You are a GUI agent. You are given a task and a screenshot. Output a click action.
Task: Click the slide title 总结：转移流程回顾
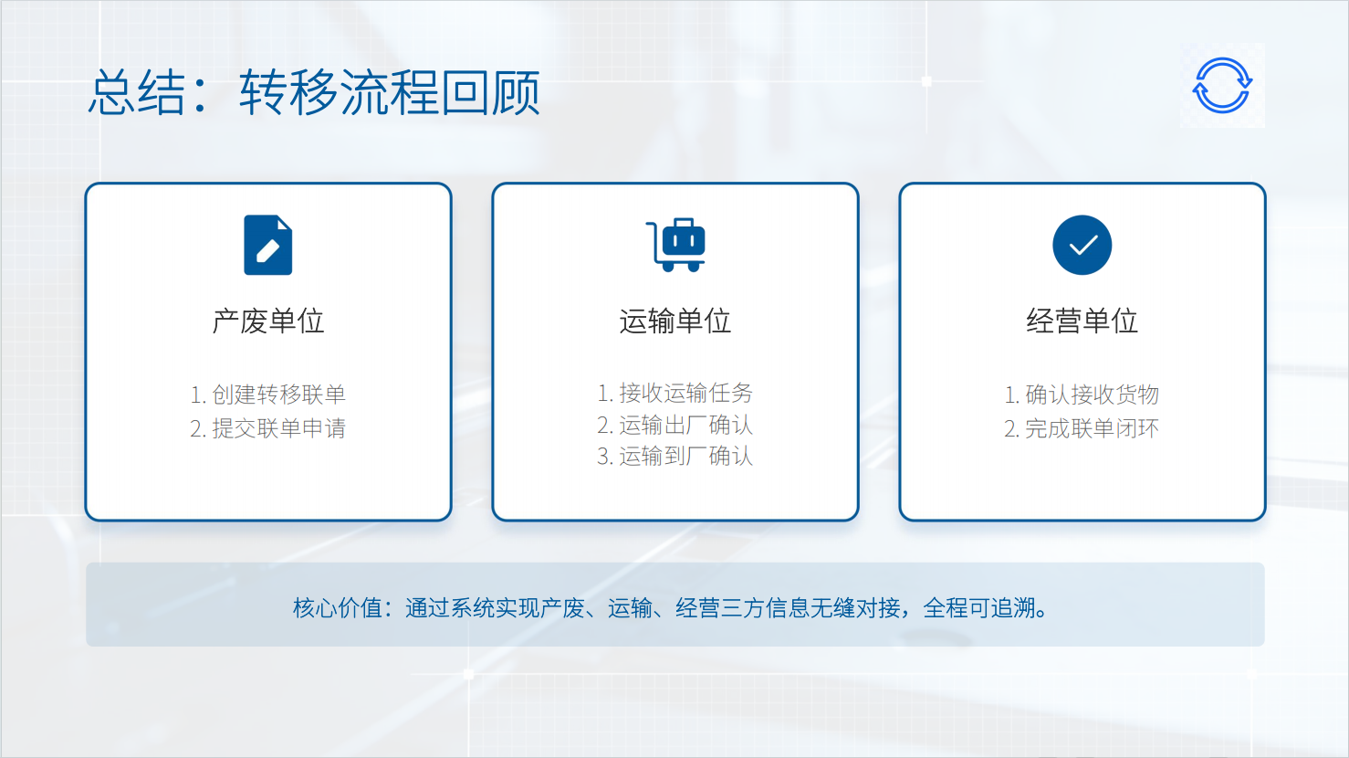tap(314, 92)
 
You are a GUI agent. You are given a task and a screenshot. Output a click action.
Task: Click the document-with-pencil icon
tap(268, 245)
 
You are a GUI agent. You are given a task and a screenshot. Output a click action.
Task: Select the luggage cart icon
tap(675, 245)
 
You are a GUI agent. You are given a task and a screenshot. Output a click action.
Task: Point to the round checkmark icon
tap(1082, 245)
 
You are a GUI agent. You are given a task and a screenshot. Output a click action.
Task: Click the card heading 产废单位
tap(268, 321)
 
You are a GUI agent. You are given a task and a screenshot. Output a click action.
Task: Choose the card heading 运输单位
tap(675, 321)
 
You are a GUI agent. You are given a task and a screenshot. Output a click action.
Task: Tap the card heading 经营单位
tap(1082, 321)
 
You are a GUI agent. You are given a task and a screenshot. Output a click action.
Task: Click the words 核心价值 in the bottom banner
tap(338, 608)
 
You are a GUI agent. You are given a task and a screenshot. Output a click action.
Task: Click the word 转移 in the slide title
tap(288, 92)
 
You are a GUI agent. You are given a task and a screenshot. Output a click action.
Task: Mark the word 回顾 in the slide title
tap(490, 92)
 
